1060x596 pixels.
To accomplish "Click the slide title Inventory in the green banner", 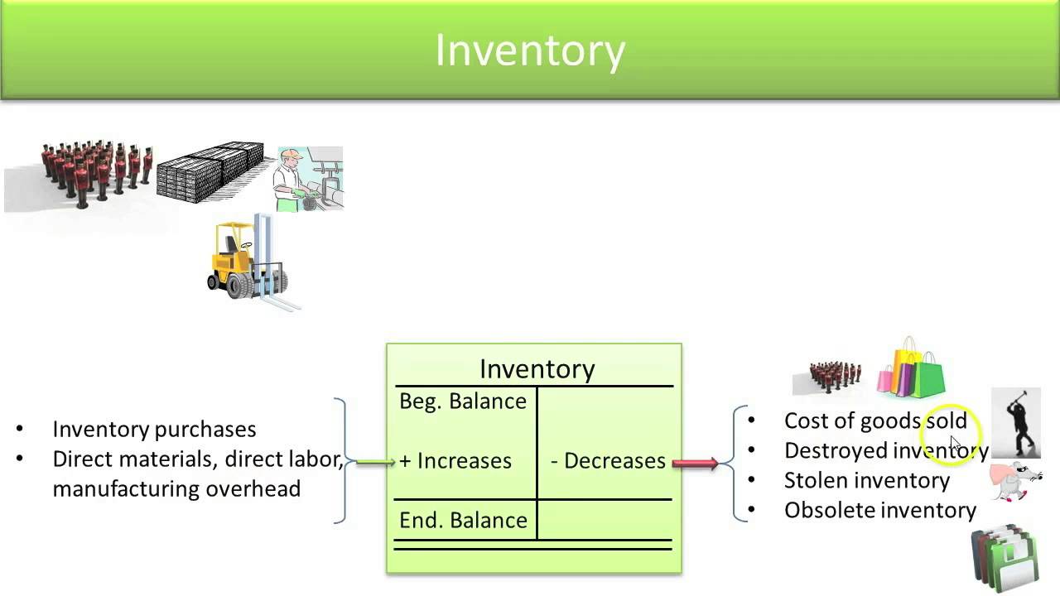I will tap(530, 50).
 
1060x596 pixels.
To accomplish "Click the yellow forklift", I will tap(247, 259).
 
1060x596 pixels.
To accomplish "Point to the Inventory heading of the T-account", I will tap(537, 368).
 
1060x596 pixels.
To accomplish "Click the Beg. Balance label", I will tap(462, 401).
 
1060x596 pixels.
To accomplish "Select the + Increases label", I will tap(455, 460).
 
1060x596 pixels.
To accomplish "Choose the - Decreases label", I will tap(608, 460).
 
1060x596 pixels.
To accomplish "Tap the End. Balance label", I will tap(463, 520).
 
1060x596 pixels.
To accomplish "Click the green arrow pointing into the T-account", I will tap(375, 461).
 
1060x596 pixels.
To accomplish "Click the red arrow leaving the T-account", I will tap(695, 462).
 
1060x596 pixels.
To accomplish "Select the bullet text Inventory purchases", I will tap(154, 429).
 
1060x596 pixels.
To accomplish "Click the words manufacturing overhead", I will tap(176, 488).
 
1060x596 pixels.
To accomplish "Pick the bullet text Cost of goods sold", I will tap(874, 421).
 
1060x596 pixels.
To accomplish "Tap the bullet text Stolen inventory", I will tap(866, 480).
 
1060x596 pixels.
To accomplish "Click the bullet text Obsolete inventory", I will tap(879, 510).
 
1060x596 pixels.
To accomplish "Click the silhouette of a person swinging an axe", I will tap(1016, 422).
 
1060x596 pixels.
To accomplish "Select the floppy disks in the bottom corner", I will tap(1005, 557).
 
